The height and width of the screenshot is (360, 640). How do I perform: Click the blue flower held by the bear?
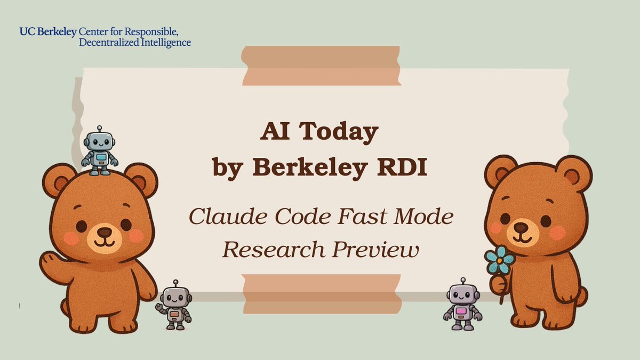(500, 260)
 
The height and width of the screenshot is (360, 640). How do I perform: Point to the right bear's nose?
(521, 227)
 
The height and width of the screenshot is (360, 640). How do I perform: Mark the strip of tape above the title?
(321, 65)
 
